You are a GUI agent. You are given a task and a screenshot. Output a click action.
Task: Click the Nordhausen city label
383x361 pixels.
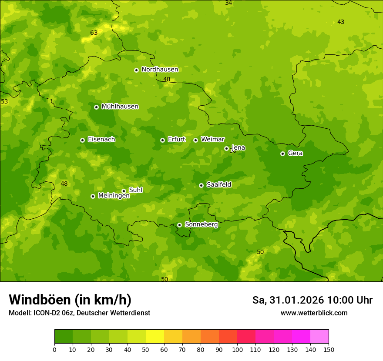point(160,70)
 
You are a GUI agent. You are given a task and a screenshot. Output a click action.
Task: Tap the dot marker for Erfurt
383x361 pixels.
point(162,140)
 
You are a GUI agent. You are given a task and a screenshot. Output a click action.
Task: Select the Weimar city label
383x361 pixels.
point(212,140)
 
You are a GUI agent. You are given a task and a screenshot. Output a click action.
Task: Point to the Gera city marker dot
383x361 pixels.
point(282,154)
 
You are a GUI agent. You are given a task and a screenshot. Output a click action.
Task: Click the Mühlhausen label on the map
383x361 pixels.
point(120,107)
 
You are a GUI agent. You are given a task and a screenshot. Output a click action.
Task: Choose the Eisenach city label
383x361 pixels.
point(101,140)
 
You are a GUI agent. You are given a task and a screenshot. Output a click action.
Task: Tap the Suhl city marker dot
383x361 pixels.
point(124,191)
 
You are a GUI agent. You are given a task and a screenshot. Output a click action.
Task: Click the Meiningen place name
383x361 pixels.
point(114,196)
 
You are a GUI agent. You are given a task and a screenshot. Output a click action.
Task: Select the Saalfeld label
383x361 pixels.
point(218,185)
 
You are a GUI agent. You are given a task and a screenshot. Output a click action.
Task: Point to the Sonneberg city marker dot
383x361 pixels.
point(179,225)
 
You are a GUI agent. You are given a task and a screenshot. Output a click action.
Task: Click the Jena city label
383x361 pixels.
point(238,148)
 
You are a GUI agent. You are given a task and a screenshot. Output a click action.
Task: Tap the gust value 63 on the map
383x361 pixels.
point(94,33)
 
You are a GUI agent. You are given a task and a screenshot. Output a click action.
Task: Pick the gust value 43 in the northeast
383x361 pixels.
point(341,22)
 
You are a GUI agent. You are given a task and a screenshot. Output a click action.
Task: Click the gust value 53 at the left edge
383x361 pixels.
point(4,102)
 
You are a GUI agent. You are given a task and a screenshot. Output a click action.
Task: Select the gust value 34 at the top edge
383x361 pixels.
point(228,3)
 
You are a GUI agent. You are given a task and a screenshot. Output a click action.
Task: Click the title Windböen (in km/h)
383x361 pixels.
point(70,300)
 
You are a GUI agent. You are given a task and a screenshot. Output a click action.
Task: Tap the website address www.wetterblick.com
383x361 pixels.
point(314,313)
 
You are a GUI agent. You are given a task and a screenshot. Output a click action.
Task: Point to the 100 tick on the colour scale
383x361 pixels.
point(237,349)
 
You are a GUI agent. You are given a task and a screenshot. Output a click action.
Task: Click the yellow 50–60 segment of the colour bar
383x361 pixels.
point(155,337)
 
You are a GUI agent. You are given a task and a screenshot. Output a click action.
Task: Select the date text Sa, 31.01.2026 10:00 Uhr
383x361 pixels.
point(312,300)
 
